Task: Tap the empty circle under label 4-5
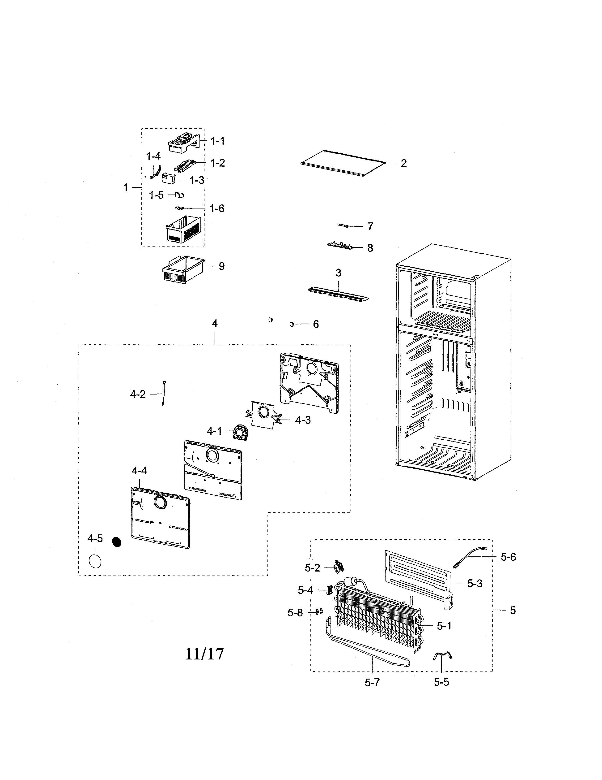[x=95, y=561]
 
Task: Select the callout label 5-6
[x=508, y=557]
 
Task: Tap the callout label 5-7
[x=372, y=683]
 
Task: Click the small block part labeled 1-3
[x=168, y=178]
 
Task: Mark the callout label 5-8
[x=295, y=613]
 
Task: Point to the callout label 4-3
[x=303, y=420]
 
